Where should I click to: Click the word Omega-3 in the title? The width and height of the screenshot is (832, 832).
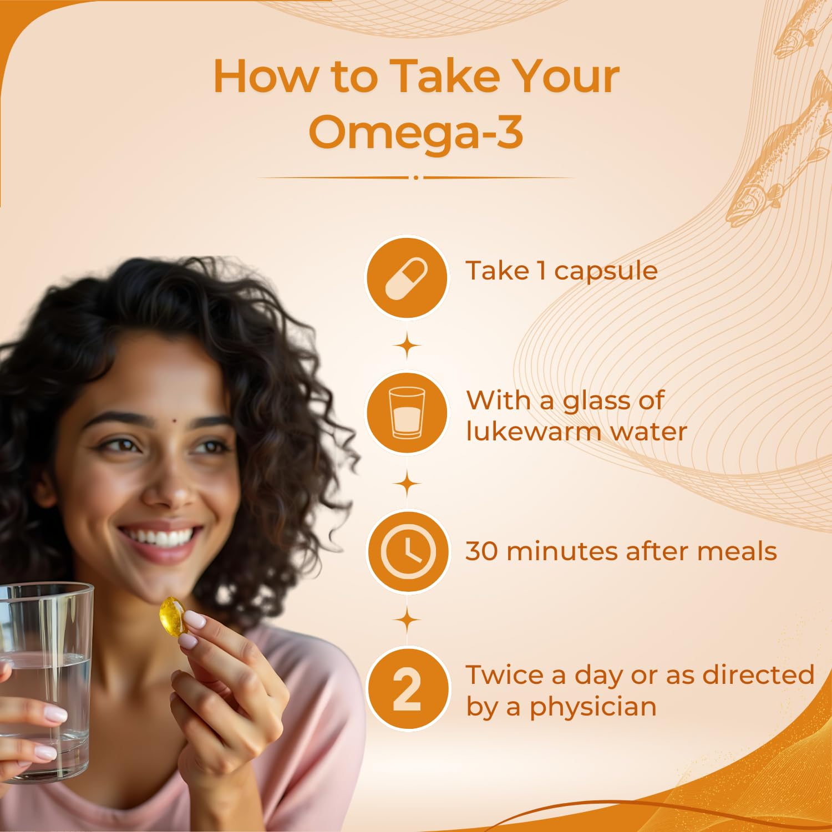[416, 132]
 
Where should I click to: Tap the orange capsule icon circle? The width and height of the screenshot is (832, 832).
[407, 277]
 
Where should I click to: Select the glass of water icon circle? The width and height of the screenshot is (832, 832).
[407, 413]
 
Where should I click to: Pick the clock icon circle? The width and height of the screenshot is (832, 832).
[408, 551]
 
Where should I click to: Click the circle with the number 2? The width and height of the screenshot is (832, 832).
[408, 689]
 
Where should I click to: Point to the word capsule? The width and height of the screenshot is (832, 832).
[606, 271]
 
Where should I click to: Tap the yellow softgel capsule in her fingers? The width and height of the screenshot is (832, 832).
[173, 616]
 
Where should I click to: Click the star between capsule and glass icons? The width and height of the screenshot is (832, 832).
[408, 347]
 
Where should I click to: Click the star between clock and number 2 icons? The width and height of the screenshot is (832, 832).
[408, 620]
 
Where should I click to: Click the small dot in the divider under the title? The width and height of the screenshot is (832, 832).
[416, 177]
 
